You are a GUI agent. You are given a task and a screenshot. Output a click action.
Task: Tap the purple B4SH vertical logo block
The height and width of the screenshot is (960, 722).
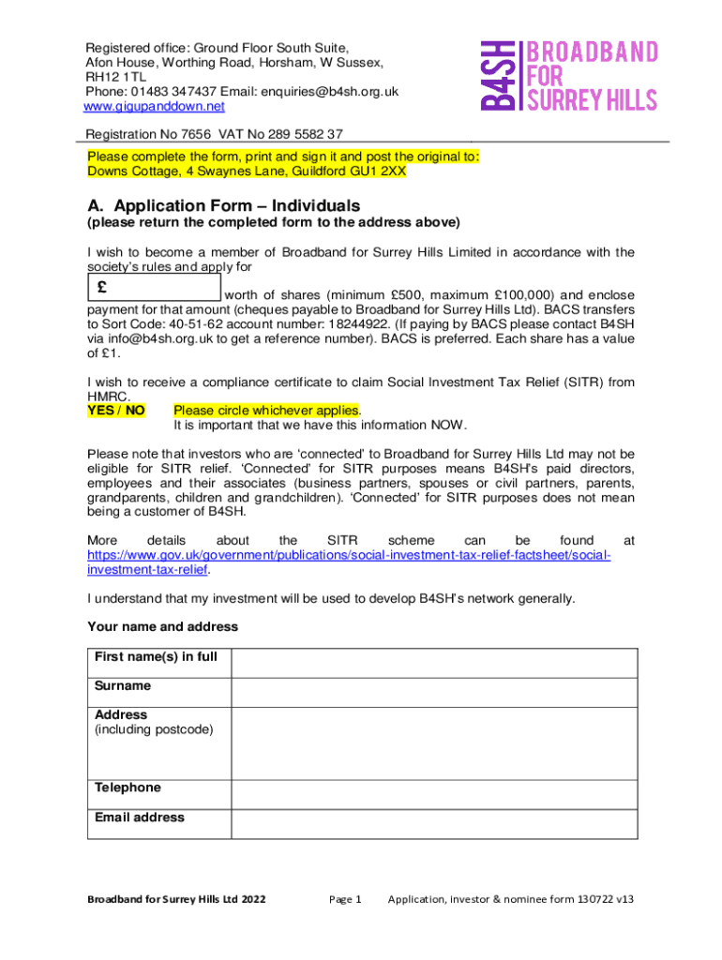(499, 76)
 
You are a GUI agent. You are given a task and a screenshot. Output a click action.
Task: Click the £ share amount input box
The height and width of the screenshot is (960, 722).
(154, 287)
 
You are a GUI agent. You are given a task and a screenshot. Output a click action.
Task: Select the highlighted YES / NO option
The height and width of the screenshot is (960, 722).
(116, 410)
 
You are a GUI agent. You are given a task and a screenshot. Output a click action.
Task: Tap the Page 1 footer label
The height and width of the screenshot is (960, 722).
(345, 899)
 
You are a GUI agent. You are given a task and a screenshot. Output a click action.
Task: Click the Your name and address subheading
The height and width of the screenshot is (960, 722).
(162, 626)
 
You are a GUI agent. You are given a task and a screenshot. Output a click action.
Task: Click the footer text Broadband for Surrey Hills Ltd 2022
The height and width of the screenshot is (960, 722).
(176, 899)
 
